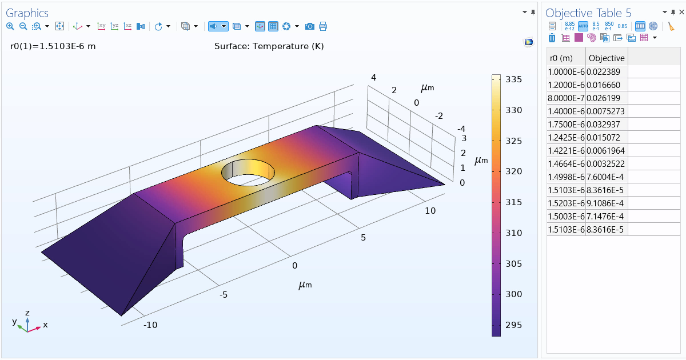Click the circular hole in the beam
click(248, 172)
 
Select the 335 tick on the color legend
click(513, 79)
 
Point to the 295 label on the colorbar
click(513, 325)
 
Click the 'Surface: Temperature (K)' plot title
click(269, 46)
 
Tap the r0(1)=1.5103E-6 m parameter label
click(53, 46)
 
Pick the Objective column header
click(607, 58)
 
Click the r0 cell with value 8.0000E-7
click(566, 98)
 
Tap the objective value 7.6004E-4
click(606, 177)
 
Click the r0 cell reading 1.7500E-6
click(566, 125)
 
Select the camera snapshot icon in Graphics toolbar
click(309, 26)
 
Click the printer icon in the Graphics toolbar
click(323, 26)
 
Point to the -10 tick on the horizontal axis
click(150, 325)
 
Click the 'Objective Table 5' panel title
click(588, 13)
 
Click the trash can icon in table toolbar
click(552, 38)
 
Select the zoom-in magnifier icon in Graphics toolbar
click(10, 26)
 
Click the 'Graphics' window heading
click(27, 13)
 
